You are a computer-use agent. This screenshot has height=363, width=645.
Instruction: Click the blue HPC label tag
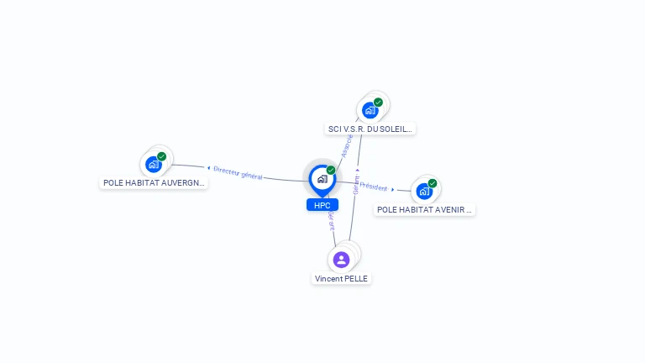pyautogui.click(x=322, y=204)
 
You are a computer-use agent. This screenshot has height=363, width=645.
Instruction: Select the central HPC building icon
pyautogui.click(x=321, y=178)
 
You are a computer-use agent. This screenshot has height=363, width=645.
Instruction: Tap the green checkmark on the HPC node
pyautogui.click(x=331, y=170)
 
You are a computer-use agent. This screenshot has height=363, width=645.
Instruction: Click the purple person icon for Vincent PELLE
pyautogui.click(x=341, y=259)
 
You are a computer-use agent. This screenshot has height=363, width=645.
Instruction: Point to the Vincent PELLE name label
pyautogui.click(x=341, y=278)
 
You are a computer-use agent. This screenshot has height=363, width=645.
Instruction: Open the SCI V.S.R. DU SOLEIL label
pyautogui.click(x=370, y=129)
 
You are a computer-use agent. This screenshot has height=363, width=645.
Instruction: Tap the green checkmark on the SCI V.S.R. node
pyautogui.click(x=378, y=103)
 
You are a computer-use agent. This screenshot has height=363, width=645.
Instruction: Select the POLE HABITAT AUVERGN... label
pyautogui.click(x=154, y=182)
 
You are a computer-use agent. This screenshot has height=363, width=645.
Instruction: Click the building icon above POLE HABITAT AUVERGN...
pyautogui.click(x=153, y=165)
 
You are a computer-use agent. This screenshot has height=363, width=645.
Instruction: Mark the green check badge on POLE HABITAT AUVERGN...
pyautogui.click(x=162, y=156)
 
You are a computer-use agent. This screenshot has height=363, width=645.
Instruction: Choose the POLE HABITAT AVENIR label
pyautogui.click(x=424, y=209)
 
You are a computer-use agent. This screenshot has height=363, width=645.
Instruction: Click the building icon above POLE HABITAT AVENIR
pyautogui.click(x=423, y=192)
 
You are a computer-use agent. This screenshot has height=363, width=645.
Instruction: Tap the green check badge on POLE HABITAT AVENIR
pyautogui.click(x=433, y=183)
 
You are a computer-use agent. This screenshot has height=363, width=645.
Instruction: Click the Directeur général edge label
pyautogui.click(x=238, y=172)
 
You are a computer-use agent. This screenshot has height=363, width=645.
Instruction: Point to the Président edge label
pyautogui.click(x=373, y=187)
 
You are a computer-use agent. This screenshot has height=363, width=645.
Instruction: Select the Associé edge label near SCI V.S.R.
pyautogui.click(x=346, y=146)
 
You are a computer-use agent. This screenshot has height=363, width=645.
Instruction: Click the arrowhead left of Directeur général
pyautogui.click(x=208, y=168)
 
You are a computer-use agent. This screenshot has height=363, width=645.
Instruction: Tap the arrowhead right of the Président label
pyautogui.click(x=392, y=190)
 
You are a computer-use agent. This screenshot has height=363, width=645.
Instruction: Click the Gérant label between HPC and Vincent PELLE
pyautogui.click(x=332, y=220)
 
